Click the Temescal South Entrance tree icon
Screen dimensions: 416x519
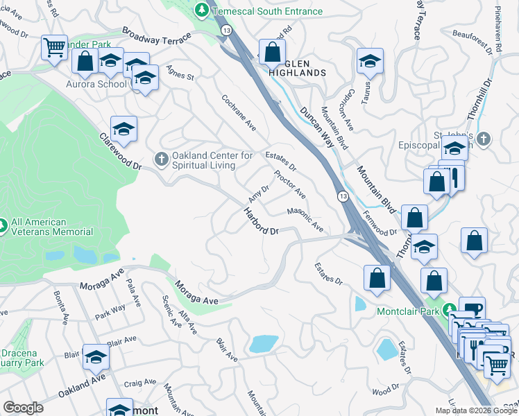click(x=202, y=10)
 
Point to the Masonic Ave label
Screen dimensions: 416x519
click(x=305, y=220)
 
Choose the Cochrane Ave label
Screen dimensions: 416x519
click(x=239, y=114)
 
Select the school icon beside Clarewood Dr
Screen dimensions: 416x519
click(x=124, y=130)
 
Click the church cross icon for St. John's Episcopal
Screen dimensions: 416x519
click(x=484, y=139)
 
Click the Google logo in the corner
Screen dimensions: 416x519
click(x=23, y=407)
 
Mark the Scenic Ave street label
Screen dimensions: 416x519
click(x=171, y=311)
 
